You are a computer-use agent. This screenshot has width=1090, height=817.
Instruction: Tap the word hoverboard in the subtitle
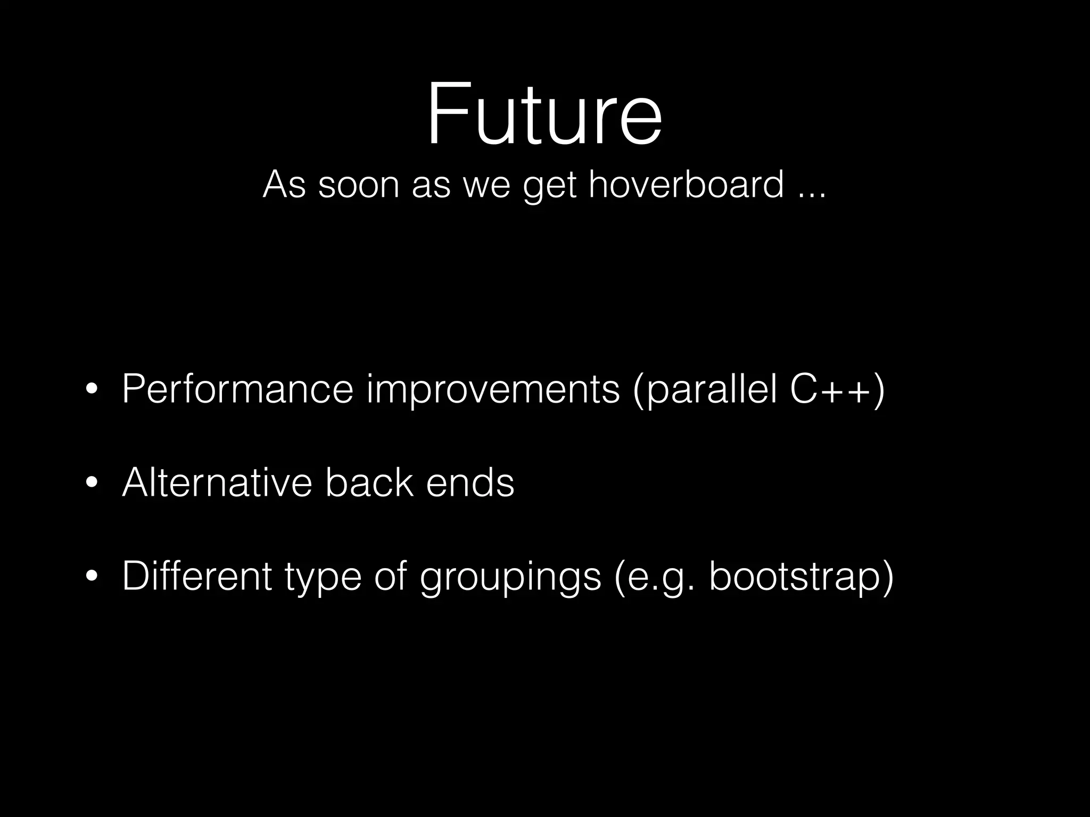686,184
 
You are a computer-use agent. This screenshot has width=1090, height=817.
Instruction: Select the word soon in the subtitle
358,184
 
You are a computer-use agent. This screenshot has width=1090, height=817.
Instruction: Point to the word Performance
237,389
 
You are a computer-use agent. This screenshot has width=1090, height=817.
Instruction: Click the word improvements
493,390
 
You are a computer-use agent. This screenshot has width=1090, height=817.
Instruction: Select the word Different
197,576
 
